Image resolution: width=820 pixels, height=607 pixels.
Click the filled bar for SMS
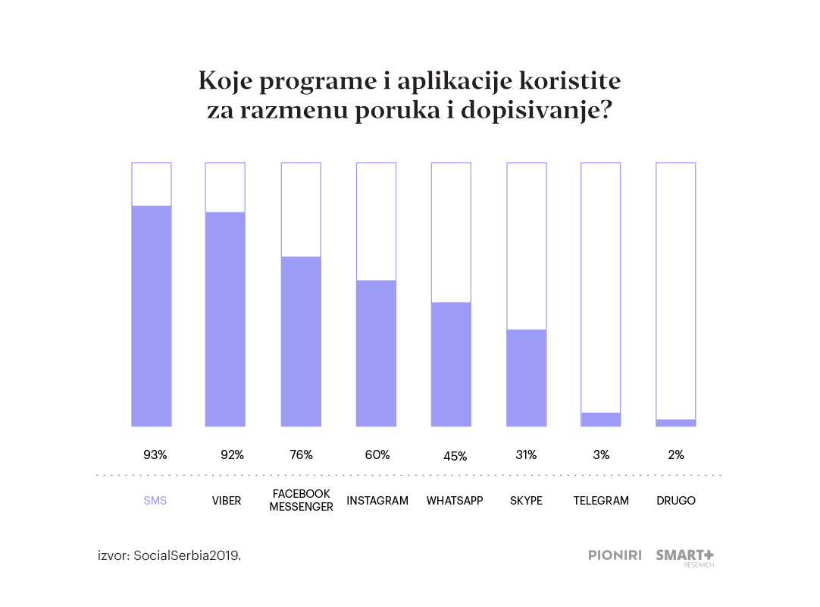pyautogui.click(x=151, y=316)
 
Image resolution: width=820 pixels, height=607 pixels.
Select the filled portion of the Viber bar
pyautogui.click(x=225, y=319)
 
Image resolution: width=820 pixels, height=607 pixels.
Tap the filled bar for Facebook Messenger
pyautogui.click(x=301, y=341)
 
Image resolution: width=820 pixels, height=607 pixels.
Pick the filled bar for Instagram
pyautogui.click(x=376, y=353)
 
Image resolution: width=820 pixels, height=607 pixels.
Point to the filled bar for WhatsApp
pyautogui.click(x=451, y=364)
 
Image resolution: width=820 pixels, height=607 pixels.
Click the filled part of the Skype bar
pyautogui.click(x=526, y=378)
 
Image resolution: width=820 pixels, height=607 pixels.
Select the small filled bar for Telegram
pyautogui.click(x=601, y=420)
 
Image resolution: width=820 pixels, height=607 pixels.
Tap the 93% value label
pyautogui.click(x=155, y=455)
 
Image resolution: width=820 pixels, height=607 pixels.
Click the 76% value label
pyautogui.click(x=301, y=455)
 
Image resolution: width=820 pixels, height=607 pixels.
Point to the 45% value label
pyautogui.click(x=455, y=456)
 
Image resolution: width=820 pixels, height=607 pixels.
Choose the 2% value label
pyautogui.click(x=676, y=455)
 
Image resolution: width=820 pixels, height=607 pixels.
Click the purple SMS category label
pyautogui.click(x=155, y=501)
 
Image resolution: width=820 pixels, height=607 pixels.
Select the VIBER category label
pyautogui.click(x=227, y=501)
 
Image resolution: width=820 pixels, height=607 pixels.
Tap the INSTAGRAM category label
pyautogui.click(x=377, y=501)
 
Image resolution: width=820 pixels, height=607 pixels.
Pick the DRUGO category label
pyautogui.click(x=676, y=501)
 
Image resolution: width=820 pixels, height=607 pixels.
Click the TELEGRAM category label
pyautogui.click(x=601, y=501)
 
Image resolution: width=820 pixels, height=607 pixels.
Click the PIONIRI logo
pyautogui.click(x=615, y=555)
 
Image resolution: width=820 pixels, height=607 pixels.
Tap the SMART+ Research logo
pyautogui.click(x=684, y=557)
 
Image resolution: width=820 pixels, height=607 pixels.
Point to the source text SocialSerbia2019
pyautogui.click(x=187, y=555)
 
